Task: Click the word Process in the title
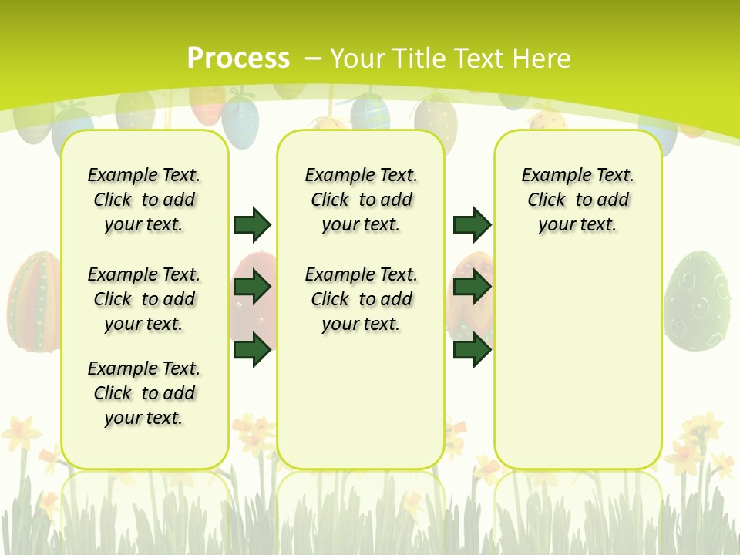(x=238, y=58)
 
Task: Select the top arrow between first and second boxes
(x=252, y=224)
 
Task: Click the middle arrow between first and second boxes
(x=252, y=288)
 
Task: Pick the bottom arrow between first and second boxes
(x=252, y=350)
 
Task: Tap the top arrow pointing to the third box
(x=472, y=224)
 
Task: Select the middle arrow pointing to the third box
(x=472, y=288)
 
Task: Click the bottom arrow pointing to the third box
(x=472, y=350)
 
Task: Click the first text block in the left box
(x=144, y=200)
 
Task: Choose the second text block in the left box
(x=144, y=299)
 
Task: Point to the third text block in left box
(x=144, y=393)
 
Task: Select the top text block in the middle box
(x=362, y=200)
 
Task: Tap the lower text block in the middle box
(x=362, y=299)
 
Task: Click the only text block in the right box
(x=578, y=200)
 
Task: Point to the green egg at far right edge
(x=698, y=301)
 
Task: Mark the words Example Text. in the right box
(x=578, y=175)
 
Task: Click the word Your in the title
(x=358, y=59)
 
